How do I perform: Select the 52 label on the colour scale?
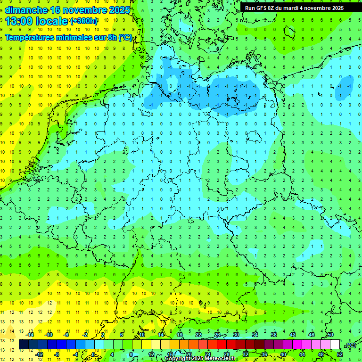click(340, 354)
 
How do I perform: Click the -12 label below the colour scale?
click(40, 354)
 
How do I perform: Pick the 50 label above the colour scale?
click(330, 335)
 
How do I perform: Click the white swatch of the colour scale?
click(335, 345)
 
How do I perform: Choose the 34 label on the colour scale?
click(255, 335)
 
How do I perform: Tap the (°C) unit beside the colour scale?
click(350, 345)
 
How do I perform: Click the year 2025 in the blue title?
click(115, 10)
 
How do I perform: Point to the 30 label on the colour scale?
click(236, 335)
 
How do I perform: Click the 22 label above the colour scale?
click(198, 335)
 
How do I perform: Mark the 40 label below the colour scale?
click(283, 354)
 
